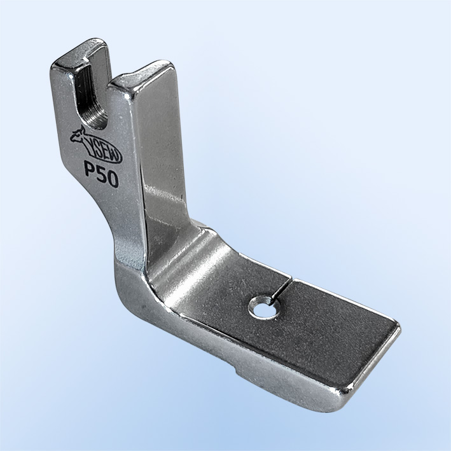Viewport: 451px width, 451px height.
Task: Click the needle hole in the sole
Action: pos(264,308)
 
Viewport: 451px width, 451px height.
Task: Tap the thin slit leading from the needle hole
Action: pos(280,289)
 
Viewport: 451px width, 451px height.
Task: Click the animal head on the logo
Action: pos(78,135)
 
